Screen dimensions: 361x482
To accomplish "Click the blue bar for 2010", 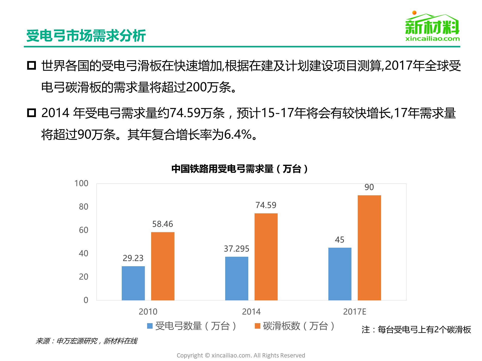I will click(x=133, y=283).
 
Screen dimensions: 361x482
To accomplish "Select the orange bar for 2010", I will click(x=163, y=266).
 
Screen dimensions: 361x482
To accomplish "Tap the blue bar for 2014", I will click(x=236, y=278).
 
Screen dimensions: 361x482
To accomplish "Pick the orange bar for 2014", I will click(x=266, y=257).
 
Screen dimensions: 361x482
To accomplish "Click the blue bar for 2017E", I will click(x=340, y=274).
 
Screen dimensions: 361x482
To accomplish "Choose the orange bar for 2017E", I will click(x=369, y=248).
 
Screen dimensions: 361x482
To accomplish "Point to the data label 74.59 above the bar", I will click(x=266, y=205).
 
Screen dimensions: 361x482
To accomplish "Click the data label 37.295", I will click(x=236, y=249).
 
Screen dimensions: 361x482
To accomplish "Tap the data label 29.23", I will click(x=133, y=258).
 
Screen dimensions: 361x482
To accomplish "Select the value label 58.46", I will click(x=163, y=224).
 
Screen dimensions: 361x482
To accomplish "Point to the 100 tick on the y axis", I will click(x=81, y=183).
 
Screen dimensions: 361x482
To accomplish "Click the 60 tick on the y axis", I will click(x=84, y=230).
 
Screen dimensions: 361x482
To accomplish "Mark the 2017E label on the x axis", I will click(x=354, y=312).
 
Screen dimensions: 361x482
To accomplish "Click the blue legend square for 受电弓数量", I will click(x=150, y=326).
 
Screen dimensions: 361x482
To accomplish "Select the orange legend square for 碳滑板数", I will click(x=257, y=326).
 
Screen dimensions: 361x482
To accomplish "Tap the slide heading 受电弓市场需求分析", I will click(x=86, y=36).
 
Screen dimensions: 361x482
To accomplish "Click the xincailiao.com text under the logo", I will click(x=432, y=39).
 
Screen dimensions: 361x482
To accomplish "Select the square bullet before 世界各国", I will click(x=31, y=65).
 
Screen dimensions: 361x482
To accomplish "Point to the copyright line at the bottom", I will click(x=241, y=355).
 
